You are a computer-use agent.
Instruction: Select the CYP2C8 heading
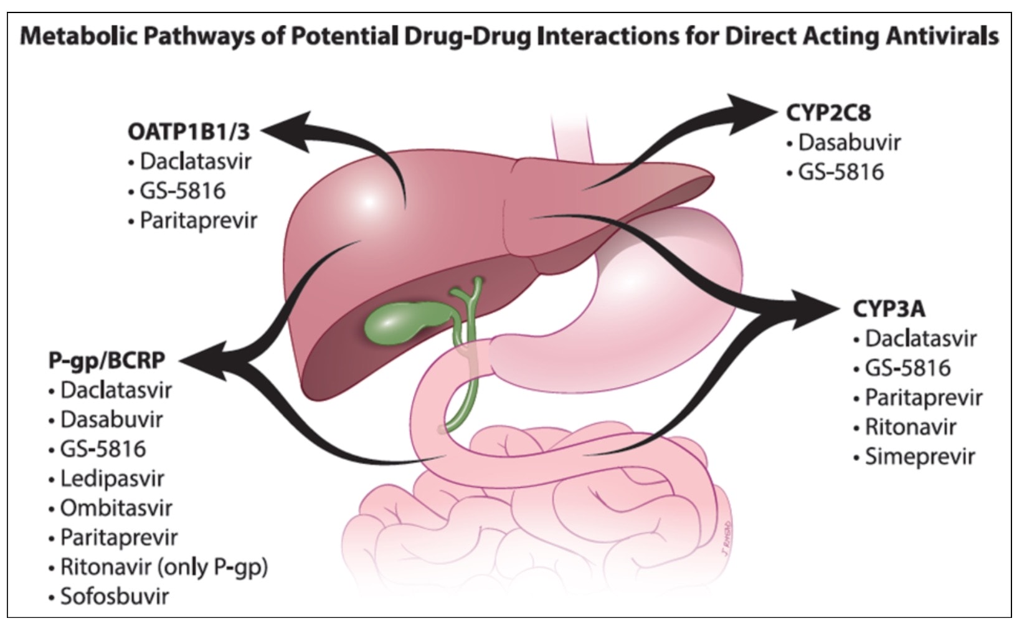point(828,113)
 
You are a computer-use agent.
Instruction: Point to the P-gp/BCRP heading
point(107,360)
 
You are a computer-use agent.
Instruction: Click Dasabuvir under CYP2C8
point(850,143)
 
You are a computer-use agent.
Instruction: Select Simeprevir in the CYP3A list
point(919,457)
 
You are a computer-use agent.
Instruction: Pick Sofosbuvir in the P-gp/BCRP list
point(114,596)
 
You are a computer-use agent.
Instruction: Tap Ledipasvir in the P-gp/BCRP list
point(112,478)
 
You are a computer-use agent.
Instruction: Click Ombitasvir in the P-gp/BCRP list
point(116,508)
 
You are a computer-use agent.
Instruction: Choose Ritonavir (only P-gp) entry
point(164,567)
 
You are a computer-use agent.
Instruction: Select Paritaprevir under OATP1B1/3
point(198,220)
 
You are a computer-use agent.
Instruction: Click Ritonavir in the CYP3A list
point(910,427)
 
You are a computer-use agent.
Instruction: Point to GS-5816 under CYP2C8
point(841,172)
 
